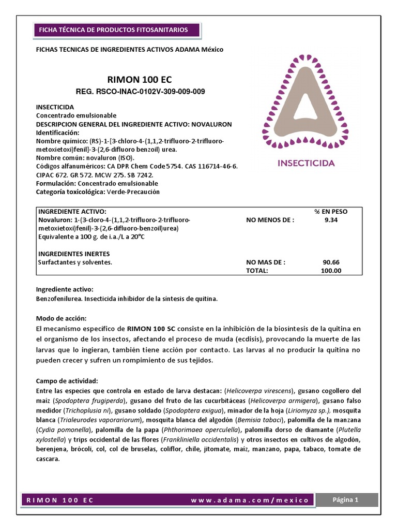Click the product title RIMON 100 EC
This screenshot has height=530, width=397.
[139, 80]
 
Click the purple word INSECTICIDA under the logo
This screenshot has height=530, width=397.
[307, 163]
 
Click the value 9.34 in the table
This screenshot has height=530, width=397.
[331, 219]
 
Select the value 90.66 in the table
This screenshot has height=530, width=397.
[331, 262]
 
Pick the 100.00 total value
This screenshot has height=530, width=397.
[330, 270]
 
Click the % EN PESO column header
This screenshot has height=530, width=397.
[331, 212]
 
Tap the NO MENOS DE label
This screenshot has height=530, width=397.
[270, 219]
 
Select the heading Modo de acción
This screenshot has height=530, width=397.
[61, 317]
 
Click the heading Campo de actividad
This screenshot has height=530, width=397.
[70, 380]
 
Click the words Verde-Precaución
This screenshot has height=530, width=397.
[133, 192]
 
